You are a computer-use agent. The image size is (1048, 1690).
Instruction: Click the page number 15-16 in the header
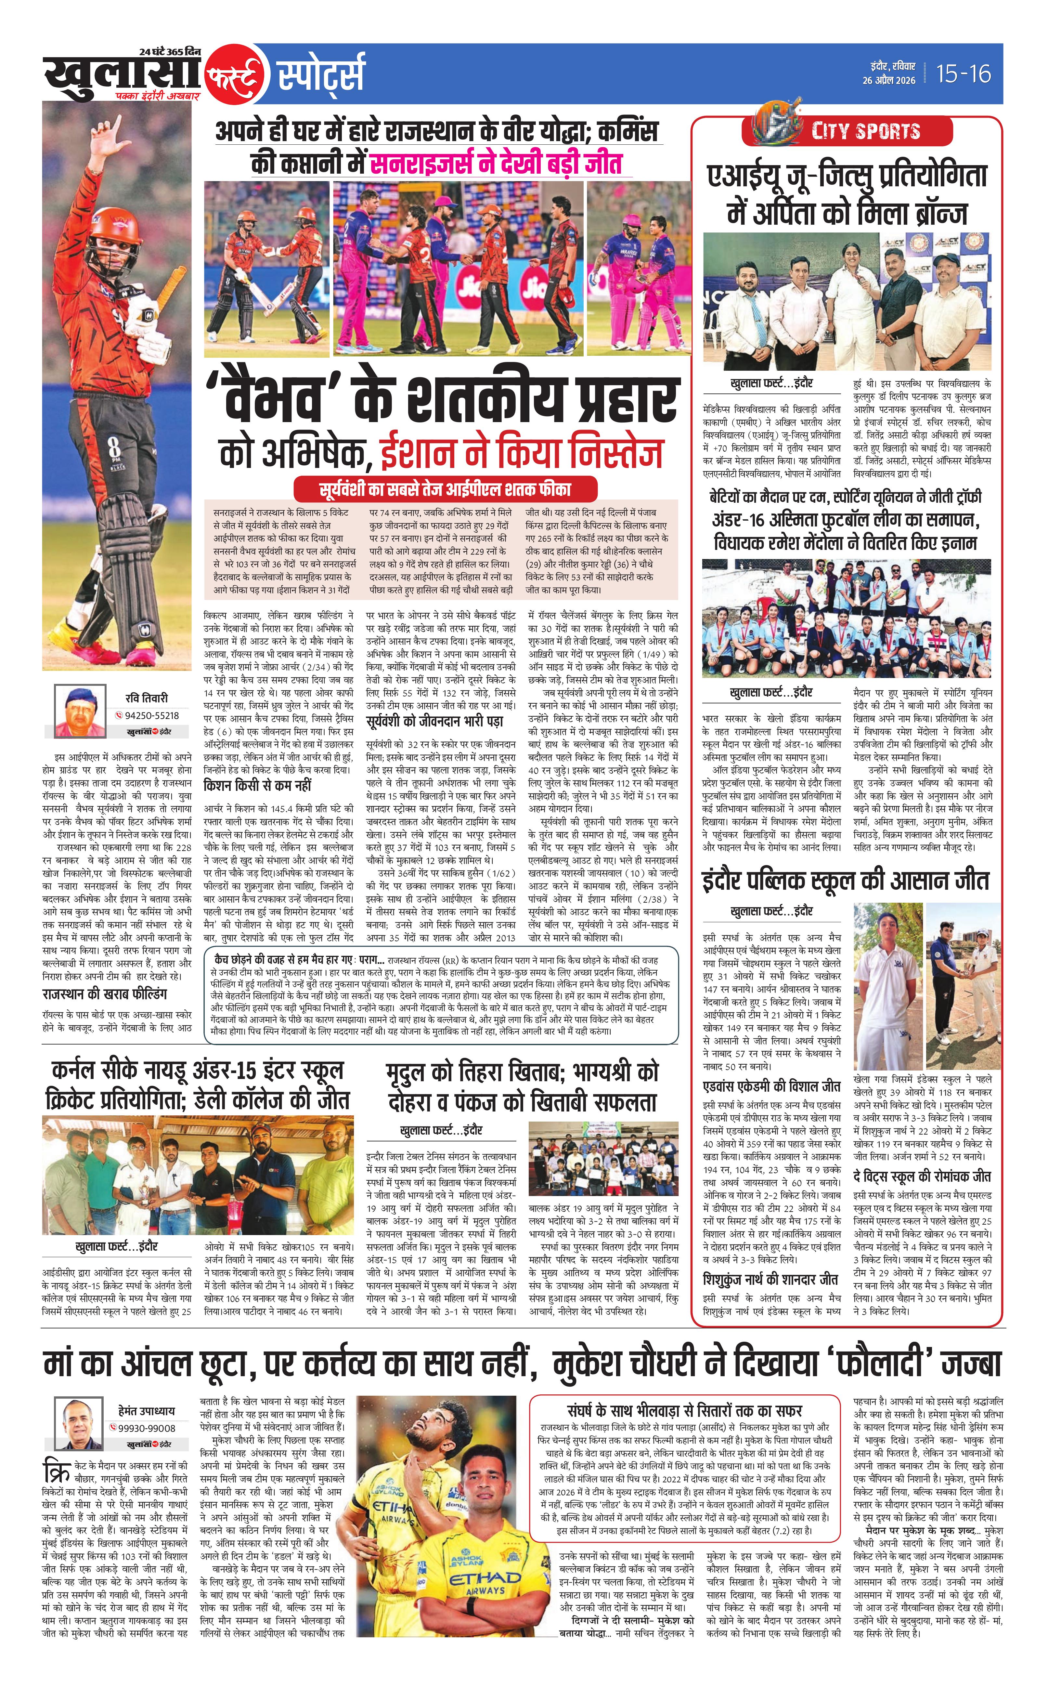click(964, 73)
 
